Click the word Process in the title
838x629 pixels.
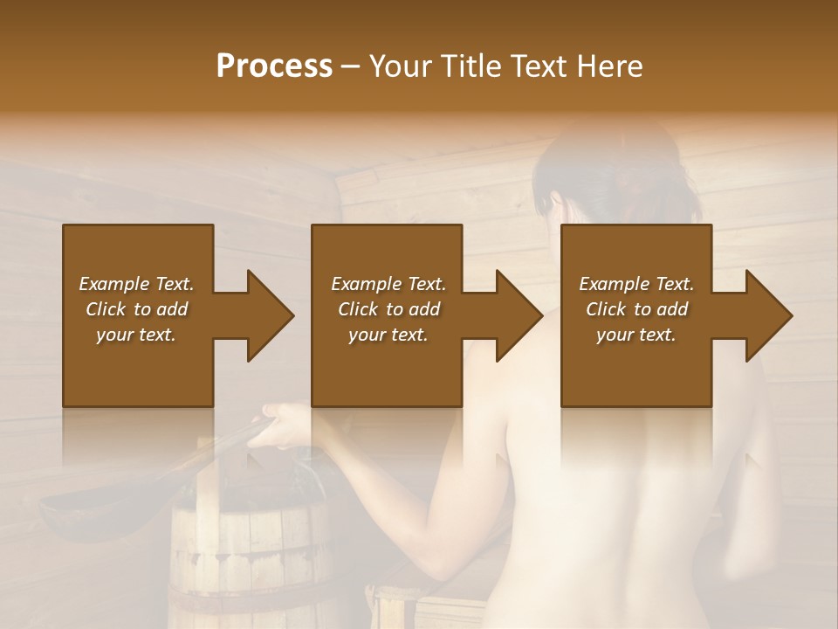point(274,66)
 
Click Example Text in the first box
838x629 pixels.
point(137,284)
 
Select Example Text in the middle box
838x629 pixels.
point(388,284)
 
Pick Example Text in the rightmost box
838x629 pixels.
point(636,284)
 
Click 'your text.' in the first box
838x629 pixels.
point(137,335)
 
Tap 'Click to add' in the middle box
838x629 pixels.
point(388,309)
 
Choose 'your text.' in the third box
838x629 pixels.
point(636,335)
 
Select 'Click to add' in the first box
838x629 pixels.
point(137,309)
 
